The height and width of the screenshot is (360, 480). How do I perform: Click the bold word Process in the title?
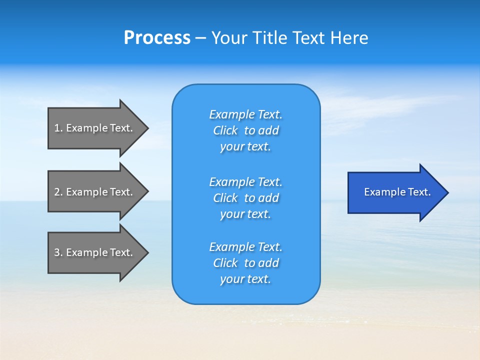(157, 38)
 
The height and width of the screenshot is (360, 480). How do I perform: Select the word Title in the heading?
(269, 38)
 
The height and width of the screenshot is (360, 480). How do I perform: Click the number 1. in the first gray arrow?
(58, 128)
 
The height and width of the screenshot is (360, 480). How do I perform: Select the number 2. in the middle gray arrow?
(58, 192)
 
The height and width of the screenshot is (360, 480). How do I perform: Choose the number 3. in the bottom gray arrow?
(58, 252)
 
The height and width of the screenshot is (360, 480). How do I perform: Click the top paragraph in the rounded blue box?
(245, 130)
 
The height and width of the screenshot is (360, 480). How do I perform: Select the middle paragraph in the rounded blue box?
(245, 198)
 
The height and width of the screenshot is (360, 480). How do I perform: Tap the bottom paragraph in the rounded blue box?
(245, 263)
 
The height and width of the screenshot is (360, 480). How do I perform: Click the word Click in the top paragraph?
(225, 130)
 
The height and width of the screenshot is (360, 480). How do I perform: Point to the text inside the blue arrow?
(397, 192)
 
